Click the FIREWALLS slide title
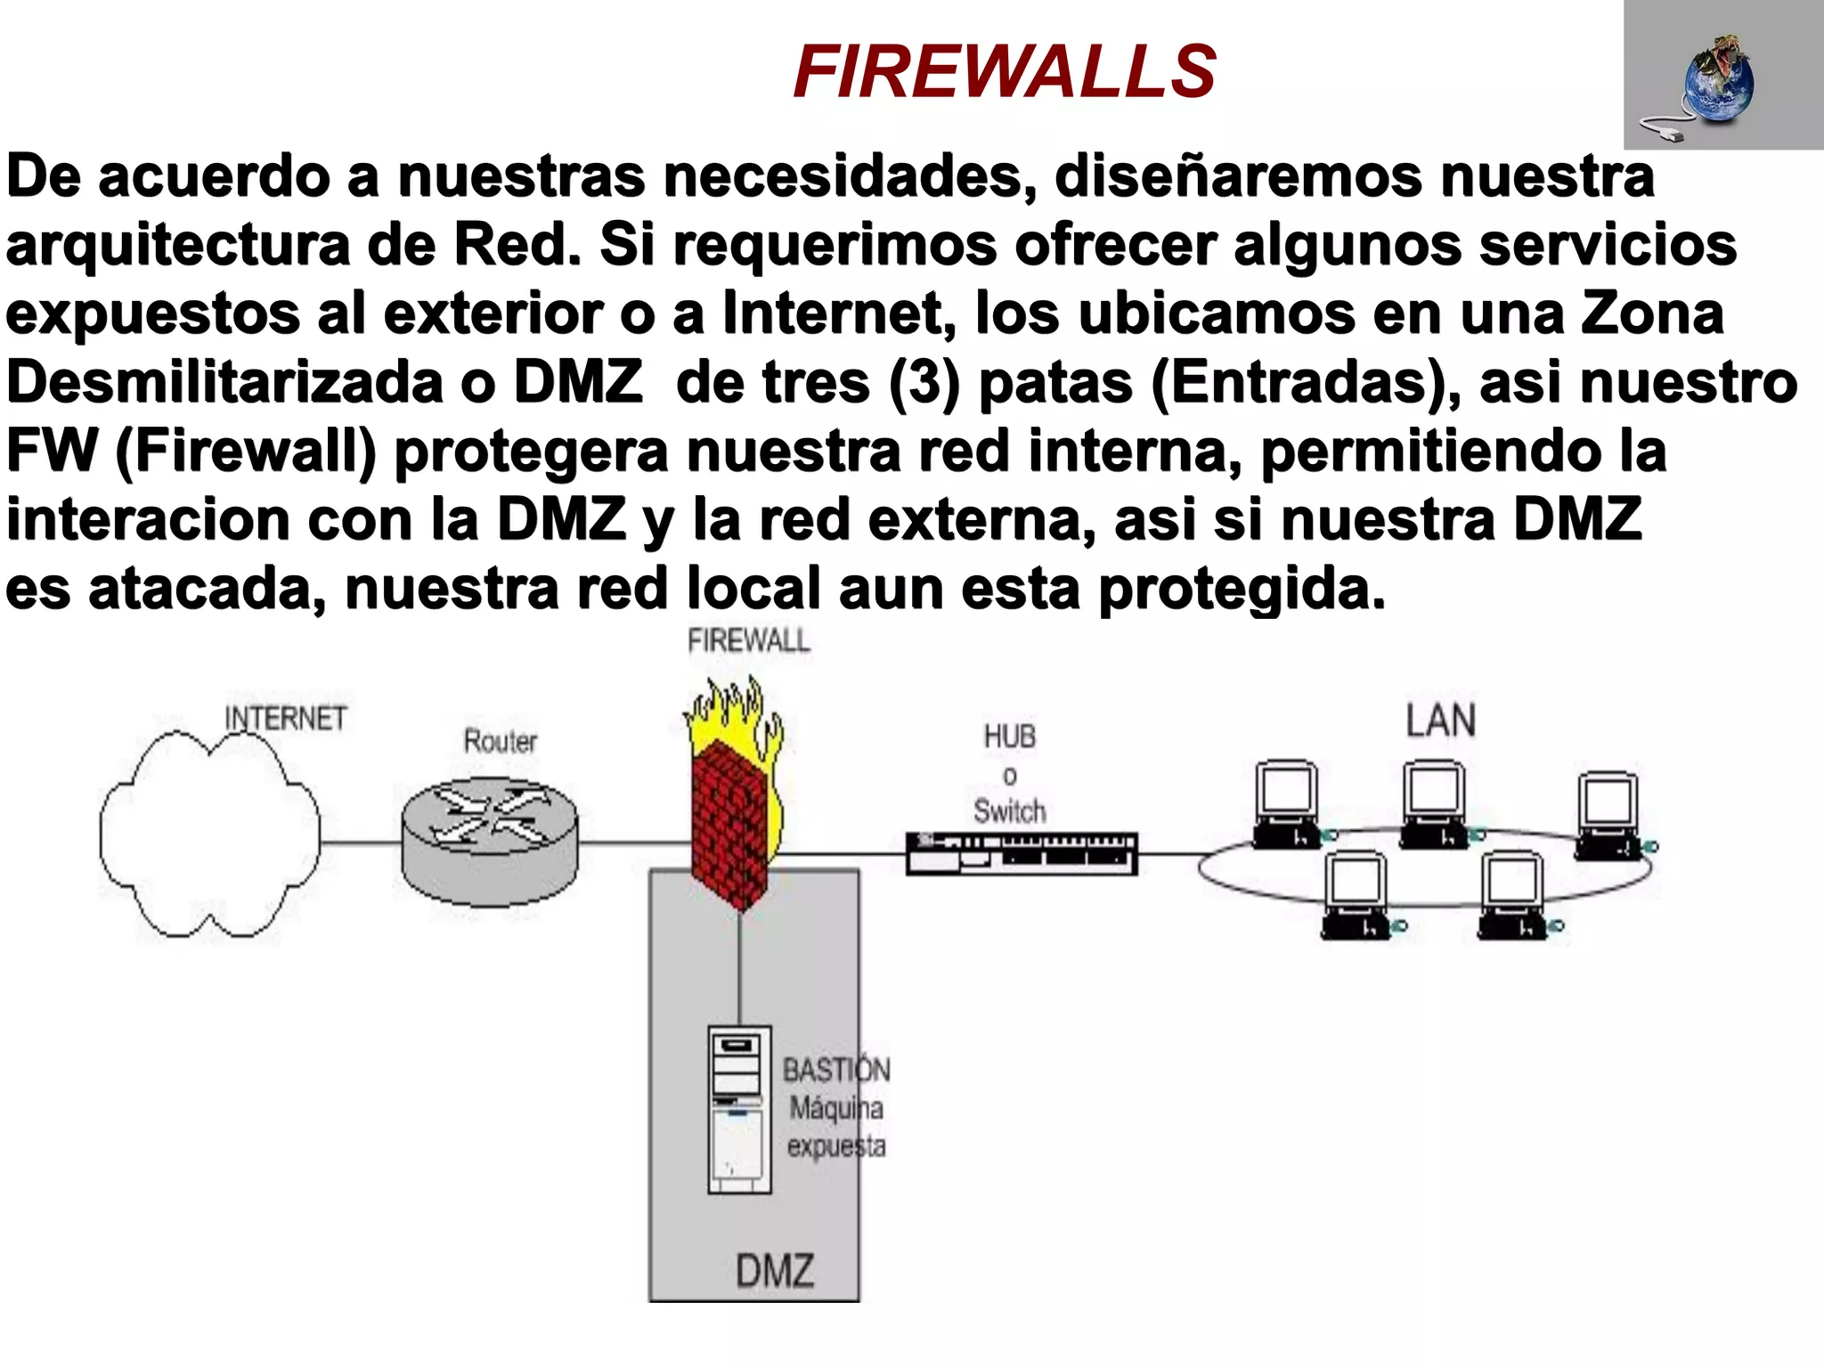point(1004,72)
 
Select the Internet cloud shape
point(209,837)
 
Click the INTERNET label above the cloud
point(285,718)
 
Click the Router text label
point(500,741)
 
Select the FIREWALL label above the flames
point(748,640)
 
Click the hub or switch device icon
point(1022,853)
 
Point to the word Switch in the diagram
point(1009,811)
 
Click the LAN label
point(1440,721)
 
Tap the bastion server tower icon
point(738,1109)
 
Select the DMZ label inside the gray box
point(774,1270)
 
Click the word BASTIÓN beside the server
point(835,1070)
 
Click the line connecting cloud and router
point(360,842)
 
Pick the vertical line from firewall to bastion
point(739,971)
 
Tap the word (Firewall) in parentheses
point(246,451)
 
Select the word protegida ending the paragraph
point(1242,588)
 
